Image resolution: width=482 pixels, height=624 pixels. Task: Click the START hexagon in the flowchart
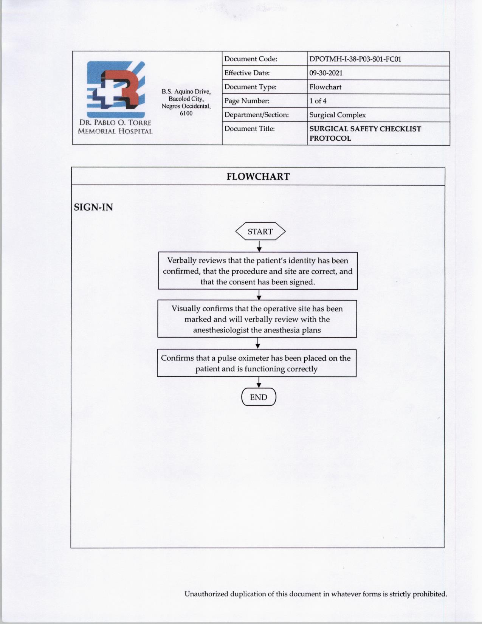click(260, 231)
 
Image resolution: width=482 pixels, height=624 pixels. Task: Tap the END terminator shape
click(259, 397)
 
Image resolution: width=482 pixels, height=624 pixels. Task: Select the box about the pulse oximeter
click(257, 363)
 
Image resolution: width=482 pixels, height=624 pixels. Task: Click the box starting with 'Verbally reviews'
click(257, 271)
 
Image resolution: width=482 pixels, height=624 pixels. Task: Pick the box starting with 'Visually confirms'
click(257, 319)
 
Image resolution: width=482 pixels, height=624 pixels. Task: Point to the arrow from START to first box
click(259, 246)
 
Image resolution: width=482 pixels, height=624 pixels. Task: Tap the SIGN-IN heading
click(93, 207)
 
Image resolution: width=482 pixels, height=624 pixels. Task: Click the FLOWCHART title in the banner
click(258, 177)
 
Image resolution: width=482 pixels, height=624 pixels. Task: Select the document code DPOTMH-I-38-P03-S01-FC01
click(355, 59)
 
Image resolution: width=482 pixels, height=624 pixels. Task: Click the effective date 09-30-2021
click(325, 73)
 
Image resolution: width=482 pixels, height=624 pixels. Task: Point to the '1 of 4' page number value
click(318, 101)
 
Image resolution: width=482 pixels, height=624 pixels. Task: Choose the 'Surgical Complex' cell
click(337, 115)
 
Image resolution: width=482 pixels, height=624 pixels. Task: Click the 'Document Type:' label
click(250, 87)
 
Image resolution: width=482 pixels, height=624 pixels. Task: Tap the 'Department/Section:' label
click(256, 115)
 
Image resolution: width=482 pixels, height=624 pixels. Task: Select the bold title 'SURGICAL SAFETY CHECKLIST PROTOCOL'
click(365, 133)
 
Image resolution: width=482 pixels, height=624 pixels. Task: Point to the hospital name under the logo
click(115, 127)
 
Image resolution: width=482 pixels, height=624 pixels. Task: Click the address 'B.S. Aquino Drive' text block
click(186, 102)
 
